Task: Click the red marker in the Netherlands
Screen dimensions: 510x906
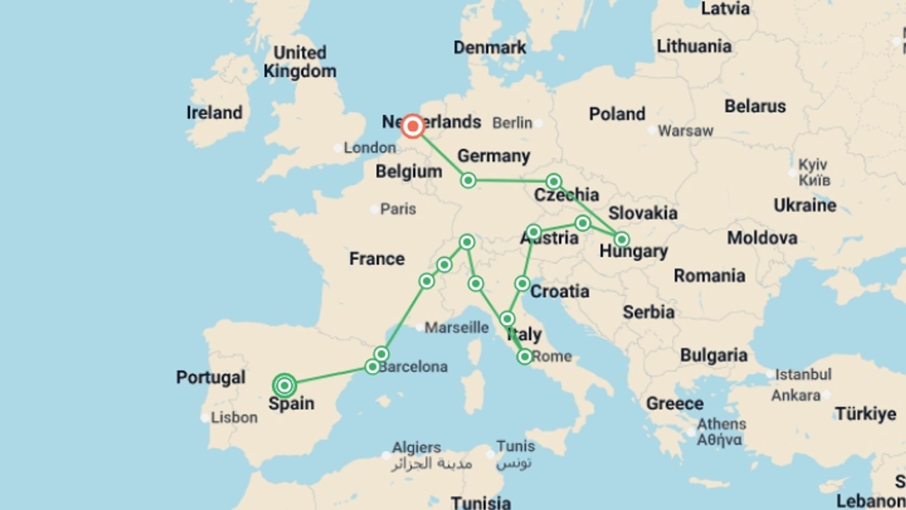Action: pos(413,126)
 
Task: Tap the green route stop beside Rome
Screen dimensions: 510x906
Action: pos(524,357)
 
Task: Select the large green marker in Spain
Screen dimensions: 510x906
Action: pos(284,386)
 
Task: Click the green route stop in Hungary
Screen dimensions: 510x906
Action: pos(621,240)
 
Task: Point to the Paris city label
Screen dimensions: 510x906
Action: pos(398,209)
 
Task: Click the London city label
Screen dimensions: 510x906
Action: pos(369,148)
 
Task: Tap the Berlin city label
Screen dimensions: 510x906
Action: pos(512,123)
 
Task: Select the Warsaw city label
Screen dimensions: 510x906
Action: pos(685,130)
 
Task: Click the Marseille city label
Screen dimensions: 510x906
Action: pos(456,327)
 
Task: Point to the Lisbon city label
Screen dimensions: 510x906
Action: pos(234,417)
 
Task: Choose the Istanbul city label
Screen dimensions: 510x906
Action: pos(803,374)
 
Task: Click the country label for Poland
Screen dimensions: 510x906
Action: pos(617,114)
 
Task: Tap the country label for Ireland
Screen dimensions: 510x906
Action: pos(214,112)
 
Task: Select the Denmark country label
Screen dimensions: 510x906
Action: pos(489,47)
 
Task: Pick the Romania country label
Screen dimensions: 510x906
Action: pos(709,275)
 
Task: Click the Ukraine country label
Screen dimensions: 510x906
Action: pos(805,205)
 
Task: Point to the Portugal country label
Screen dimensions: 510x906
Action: pos(210,377)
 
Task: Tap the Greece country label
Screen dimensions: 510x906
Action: pos(674,403)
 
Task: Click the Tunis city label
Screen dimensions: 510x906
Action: pos(515,446)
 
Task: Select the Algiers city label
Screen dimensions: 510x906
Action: pos(416,447)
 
